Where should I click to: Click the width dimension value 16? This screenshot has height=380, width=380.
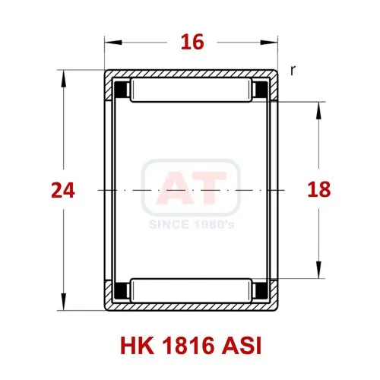(192, 42)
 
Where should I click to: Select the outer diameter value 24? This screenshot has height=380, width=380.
(63, 190)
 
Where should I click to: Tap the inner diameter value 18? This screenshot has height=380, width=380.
(319, 189)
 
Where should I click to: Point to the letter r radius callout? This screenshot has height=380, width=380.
(293, 71)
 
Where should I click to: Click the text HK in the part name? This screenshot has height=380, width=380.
(137, 346)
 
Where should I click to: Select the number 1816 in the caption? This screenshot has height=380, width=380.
(188, 346)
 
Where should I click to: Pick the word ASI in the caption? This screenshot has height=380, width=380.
(241, 346)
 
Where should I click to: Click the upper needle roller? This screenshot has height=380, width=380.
(191, 90)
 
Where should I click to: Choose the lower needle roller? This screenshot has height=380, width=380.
(191, 290)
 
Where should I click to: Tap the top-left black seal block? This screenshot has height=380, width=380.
(122, 90)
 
